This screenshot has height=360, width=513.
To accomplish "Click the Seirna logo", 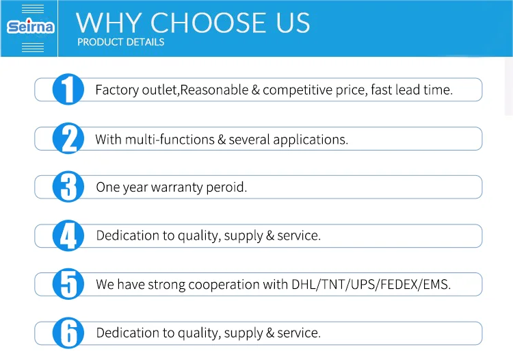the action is coord(30,27).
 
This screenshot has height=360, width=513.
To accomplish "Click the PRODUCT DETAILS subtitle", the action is coord(120,42).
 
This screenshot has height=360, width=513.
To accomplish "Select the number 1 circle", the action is coord(68,89).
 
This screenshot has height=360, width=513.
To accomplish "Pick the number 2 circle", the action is coord(68,138).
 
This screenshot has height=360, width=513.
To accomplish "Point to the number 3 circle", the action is coord(68,187).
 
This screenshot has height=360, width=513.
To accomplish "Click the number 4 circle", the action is coord(68,235).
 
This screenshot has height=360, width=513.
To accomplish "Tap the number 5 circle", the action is coord(68,284).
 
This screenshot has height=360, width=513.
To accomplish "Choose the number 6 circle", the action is coord(68,333).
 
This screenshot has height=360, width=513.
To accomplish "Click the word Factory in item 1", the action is coord(117,90).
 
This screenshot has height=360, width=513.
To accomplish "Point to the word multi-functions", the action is coord(170,140).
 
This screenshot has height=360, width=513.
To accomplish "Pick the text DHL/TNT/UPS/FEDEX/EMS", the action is coord(371,284).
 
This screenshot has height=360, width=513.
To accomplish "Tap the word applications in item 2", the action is coord(311,140).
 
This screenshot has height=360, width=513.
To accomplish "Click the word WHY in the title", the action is coord(109,23).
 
